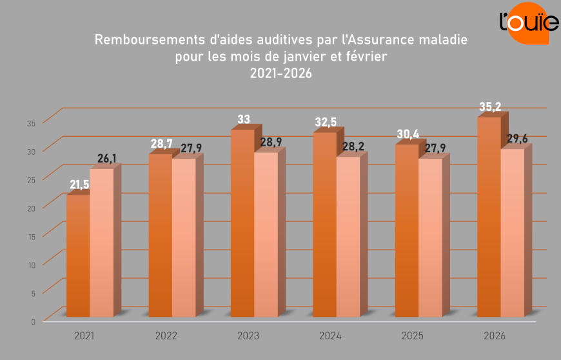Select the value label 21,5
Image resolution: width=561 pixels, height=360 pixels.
tap(79, 185)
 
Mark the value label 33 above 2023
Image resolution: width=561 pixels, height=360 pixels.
tap(244, 119)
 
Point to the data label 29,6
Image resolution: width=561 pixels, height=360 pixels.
tap(518, 139)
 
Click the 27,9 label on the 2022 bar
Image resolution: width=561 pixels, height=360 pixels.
tap(190, 148)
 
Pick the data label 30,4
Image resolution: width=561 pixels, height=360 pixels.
tap(408, 134)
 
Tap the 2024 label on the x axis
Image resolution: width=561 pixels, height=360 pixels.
tap(330, 336)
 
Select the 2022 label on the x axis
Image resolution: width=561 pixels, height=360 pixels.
tap(166, 336)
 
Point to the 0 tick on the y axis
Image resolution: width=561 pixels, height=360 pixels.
tap(33, 321)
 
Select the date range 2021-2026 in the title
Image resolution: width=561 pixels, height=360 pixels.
tap(280, 74)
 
